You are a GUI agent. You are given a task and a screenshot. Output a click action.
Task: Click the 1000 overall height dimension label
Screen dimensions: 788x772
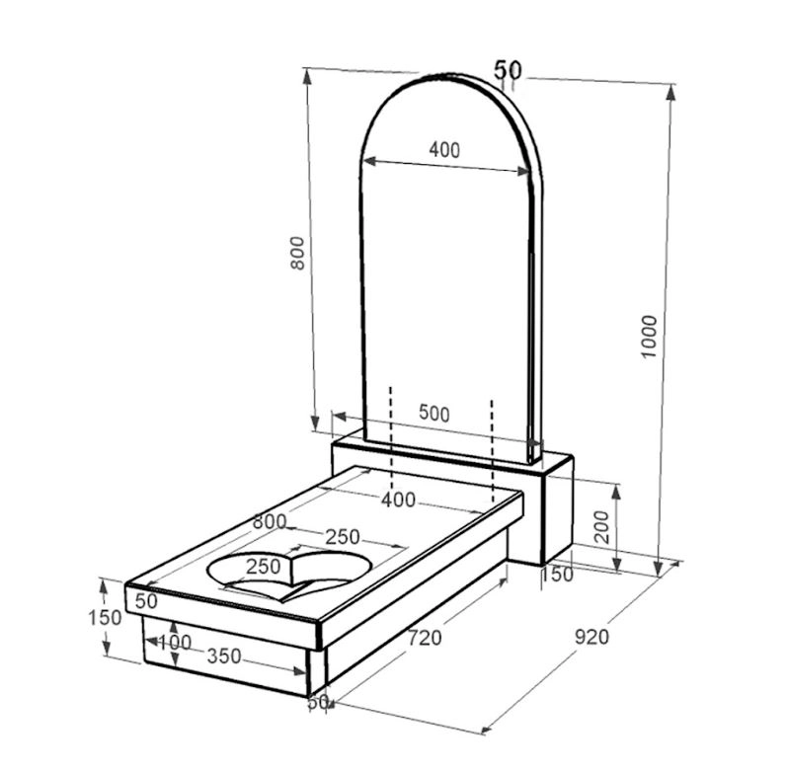[649, 337]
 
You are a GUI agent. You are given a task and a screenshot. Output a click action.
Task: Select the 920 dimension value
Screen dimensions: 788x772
[592, 637]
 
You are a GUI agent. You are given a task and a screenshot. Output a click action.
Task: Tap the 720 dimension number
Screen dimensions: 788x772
[425, 638]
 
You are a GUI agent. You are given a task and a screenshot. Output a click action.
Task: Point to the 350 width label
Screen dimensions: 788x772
[224, 656]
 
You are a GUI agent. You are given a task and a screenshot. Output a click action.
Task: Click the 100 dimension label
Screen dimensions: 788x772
[175, 642]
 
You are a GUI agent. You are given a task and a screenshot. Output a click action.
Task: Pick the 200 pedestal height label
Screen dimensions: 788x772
[601, 527]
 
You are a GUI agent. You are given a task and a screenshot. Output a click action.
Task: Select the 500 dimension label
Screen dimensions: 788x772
[434, 414]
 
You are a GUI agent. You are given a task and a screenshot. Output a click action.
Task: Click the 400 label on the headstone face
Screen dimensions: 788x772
[444, 150]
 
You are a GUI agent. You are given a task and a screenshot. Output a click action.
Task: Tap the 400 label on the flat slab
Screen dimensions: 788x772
[399, 500]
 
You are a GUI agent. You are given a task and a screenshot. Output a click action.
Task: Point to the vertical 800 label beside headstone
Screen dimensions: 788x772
[297, 253]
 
